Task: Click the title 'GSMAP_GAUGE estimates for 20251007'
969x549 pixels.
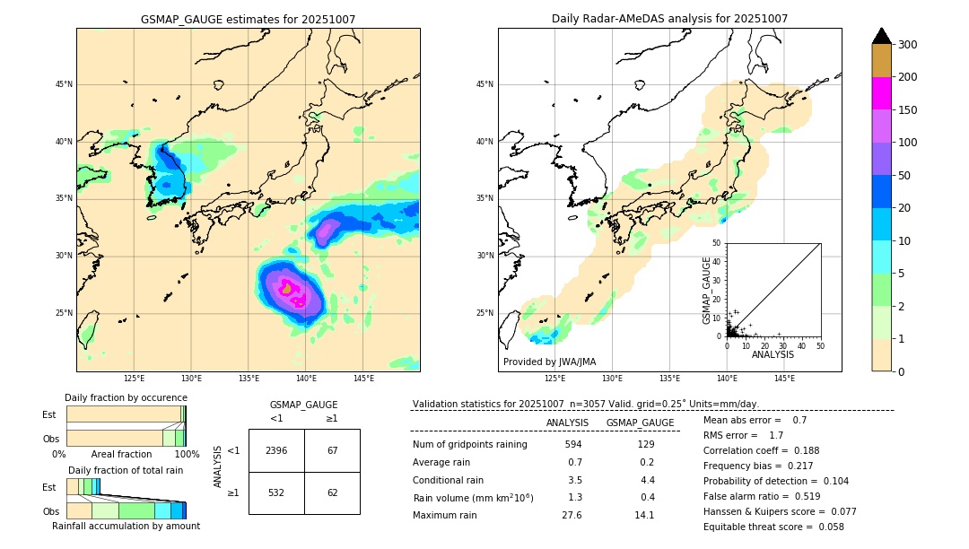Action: pos(248,19)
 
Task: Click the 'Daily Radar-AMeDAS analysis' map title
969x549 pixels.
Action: pos(669,19)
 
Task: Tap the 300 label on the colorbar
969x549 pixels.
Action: pos(907,45)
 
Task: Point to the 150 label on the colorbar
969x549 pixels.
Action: pos(907,110)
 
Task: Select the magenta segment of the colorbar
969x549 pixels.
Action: pos(882,93)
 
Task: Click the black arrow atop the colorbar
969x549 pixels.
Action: pos(882,36)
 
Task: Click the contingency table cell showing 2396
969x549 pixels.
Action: pos(276,450)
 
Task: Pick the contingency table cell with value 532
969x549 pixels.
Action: pos(276,492)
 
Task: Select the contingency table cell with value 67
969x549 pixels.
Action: pos(332,450)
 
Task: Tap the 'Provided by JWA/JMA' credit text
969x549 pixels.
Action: pos(549,362)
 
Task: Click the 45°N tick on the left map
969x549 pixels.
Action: pos(64,84)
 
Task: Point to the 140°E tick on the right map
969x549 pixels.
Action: pos(728,379)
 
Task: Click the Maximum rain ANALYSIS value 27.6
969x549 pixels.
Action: pos(572,515)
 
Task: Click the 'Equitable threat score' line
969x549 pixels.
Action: pos(773,527)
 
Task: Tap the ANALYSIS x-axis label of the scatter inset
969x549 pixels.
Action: pos(773,355)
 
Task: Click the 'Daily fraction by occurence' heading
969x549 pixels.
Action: pos(126,397)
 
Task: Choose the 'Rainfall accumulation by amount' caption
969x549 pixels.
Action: pos(126,526)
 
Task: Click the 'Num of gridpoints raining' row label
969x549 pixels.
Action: pos(470,444)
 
